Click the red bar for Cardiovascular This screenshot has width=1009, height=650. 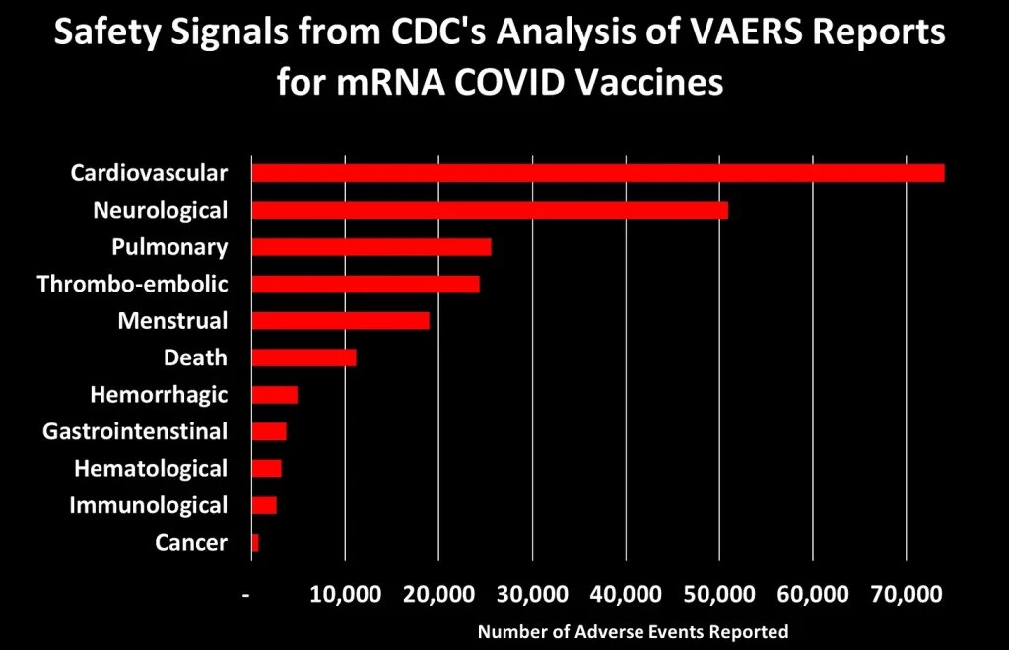(x=597, y=173)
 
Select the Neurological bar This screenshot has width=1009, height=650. (x=490, y=210)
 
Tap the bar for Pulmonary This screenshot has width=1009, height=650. (x=371, y=247)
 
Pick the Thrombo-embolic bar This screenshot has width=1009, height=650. (x=366, y=284)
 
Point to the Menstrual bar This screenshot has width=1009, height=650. (x=341, y=321)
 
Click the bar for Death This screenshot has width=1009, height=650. (x=303, y=357)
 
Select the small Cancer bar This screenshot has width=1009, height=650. (x=255, y=543)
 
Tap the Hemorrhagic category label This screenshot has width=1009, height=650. (x=159, y=395)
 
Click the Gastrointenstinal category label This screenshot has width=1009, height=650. (x=135, y=431)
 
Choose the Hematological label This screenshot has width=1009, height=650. (x=151, y=469)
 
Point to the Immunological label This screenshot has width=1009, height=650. (x=148, y=505)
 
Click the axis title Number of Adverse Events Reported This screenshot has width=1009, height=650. (x=633, y=631)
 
